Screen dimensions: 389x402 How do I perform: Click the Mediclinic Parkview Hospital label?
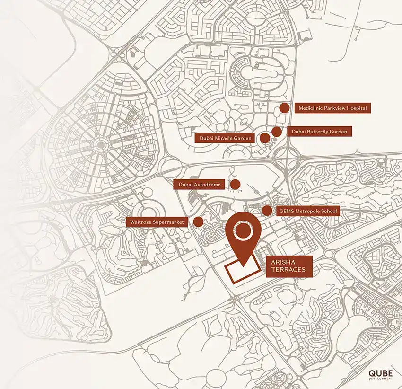[x=332, y=108]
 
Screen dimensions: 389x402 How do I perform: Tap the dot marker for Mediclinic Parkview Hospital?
[x=284, y=108]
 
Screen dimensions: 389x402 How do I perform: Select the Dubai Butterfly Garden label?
[x=320, y=132]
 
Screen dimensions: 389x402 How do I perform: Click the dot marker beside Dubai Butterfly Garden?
[x=277, y=132]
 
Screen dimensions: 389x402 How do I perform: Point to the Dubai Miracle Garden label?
[x=225, y=138]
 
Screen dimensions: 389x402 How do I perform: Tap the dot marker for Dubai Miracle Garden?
[x=265, y=138]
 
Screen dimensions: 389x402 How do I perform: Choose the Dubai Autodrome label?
[x=200, y=184]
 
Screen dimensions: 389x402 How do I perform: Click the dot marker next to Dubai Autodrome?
[x=235, y=184]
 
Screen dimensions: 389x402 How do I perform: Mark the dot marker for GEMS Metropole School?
[x=267, y=211]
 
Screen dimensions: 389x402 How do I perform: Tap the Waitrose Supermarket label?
[x=158, y=221]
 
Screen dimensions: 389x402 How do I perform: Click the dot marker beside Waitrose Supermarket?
[x=199, y=221]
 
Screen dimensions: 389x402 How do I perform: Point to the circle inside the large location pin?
[x=243, y=231]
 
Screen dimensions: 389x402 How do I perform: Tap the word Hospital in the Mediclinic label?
[x=356, y=108]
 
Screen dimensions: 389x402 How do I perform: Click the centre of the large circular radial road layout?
[x=100, y=144]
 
